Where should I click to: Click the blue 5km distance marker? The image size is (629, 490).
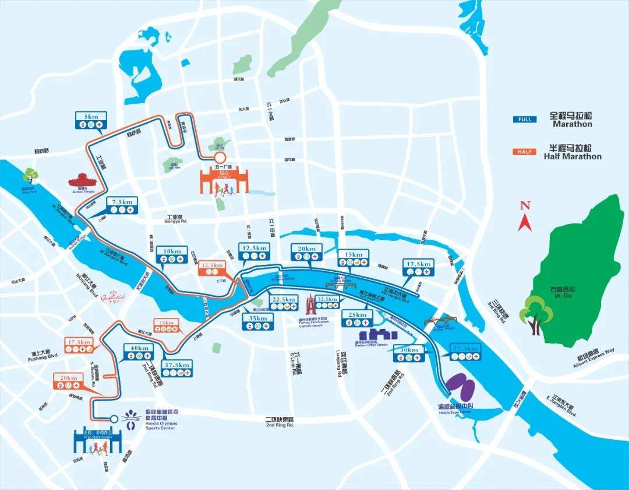click(91, 120)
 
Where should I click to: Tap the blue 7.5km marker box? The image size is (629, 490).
click(123, 204)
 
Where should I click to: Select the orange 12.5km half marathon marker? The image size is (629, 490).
click(210, 267)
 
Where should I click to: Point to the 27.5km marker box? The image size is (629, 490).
click(464, 352)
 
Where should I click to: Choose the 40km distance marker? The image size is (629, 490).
click(139, 351)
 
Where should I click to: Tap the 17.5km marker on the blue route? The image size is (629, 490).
click(419, 268)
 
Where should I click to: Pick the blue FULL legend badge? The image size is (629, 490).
click(524, 120)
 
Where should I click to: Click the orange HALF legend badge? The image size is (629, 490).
click(524, 152)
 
